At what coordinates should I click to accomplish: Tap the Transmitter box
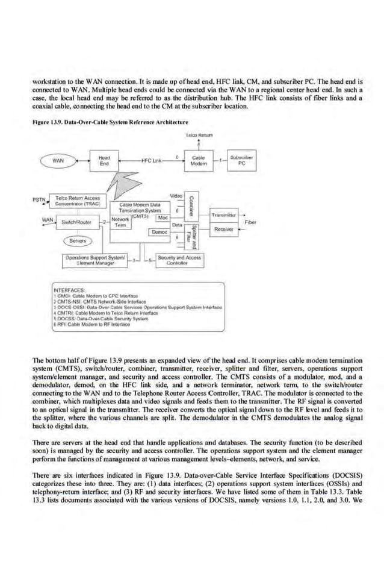tap(224, 215)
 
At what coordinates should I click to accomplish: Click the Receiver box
tap(224, 229)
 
